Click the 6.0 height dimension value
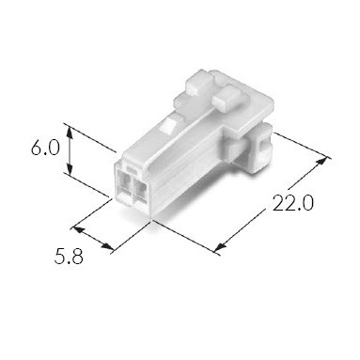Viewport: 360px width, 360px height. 45,148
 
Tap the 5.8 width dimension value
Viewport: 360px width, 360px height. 69,256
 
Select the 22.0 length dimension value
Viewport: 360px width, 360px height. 292,203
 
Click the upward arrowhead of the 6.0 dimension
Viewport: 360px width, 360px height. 70,133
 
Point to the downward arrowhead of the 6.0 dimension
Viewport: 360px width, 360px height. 70,168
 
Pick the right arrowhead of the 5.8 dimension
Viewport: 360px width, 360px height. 107,246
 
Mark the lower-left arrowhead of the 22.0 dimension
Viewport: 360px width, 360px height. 220,247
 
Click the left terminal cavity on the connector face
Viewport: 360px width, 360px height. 124,185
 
